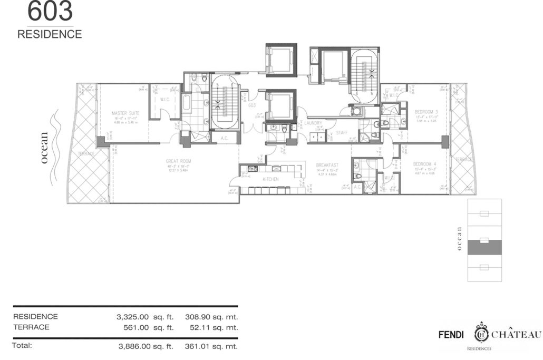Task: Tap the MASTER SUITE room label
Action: (x=124, y=113)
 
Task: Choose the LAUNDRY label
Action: (x=313, y=123)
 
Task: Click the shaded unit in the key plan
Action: (x=484, y=247)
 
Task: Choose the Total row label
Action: (x=22, y=346)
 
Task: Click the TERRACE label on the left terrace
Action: (x=86, y=153)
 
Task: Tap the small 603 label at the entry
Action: (x=253, y=105)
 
